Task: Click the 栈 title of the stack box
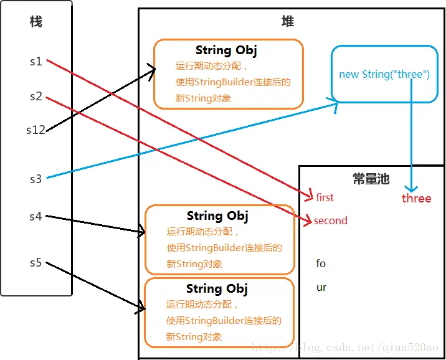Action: point(36,22)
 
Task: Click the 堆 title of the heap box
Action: point(287,21)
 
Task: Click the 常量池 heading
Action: point(371,179)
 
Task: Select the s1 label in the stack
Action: point(36,62)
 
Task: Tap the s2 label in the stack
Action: point(36,97)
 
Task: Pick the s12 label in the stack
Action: point(36,130)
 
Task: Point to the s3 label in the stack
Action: point(36,179)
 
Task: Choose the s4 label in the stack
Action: point(36,217)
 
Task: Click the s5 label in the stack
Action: point(36,262)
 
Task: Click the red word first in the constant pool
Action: point(325,197)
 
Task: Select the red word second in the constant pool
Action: point(330,220)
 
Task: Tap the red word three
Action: point(416,198)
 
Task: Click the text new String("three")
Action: point(384,74)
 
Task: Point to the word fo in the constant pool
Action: point(321,263)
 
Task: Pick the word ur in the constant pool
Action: point(321,287)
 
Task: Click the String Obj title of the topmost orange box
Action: point(226,50)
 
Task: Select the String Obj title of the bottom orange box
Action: point(217,289)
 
